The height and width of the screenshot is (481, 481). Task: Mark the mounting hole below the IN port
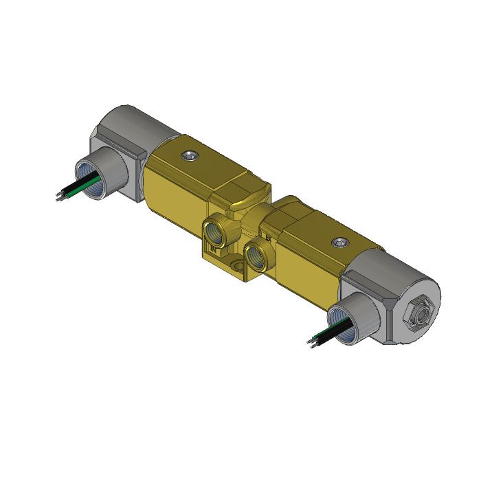pyautogui.click(x=236, y=265)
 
